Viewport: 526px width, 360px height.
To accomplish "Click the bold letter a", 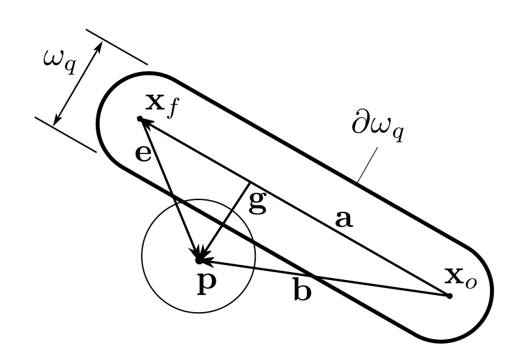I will click(x=344, y=219).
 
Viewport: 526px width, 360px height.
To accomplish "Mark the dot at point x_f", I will click(x=140, y=118).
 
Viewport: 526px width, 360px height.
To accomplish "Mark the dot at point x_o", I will click(x=449, y=296).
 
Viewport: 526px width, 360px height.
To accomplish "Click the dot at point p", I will click(x=198, y=261).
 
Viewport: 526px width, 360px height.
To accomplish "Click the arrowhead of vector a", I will click(x=147, y=122).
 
